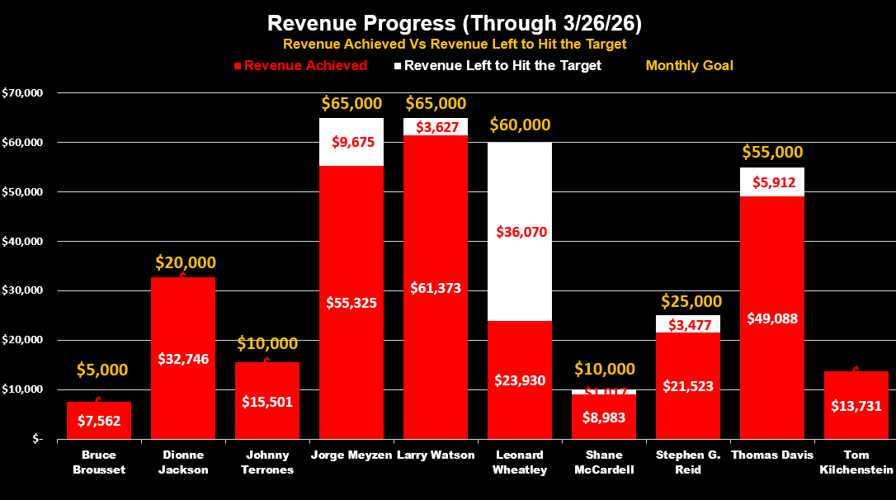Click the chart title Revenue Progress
pyautogui.click(x=447, y=21)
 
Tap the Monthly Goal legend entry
pyautogui.click(x=689, y=66)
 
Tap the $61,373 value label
pyautogui.click(x=435, y=288)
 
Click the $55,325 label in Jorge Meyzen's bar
pyautogui.click(x=351, y=303)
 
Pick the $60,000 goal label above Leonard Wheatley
pyautogui.click(x=520, y=125)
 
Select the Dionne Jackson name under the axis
pyautogui.click(x=182, y=462)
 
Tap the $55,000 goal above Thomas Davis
pyautogui.click(x=772, y=153)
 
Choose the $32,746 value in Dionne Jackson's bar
pyautogui.click(x=182, y=359)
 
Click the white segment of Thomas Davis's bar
pyautogui.click(x=772, y=182)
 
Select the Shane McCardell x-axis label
pyautogui.click(x=605, y=462)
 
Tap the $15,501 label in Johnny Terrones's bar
pyautogui.click(x=266, y=402)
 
